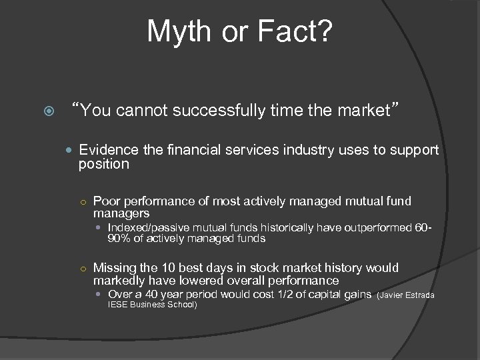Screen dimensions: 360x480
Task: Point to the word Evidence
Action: tap(105, 151)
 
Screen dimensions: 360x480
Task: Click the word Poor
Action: tap(107, 201)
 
